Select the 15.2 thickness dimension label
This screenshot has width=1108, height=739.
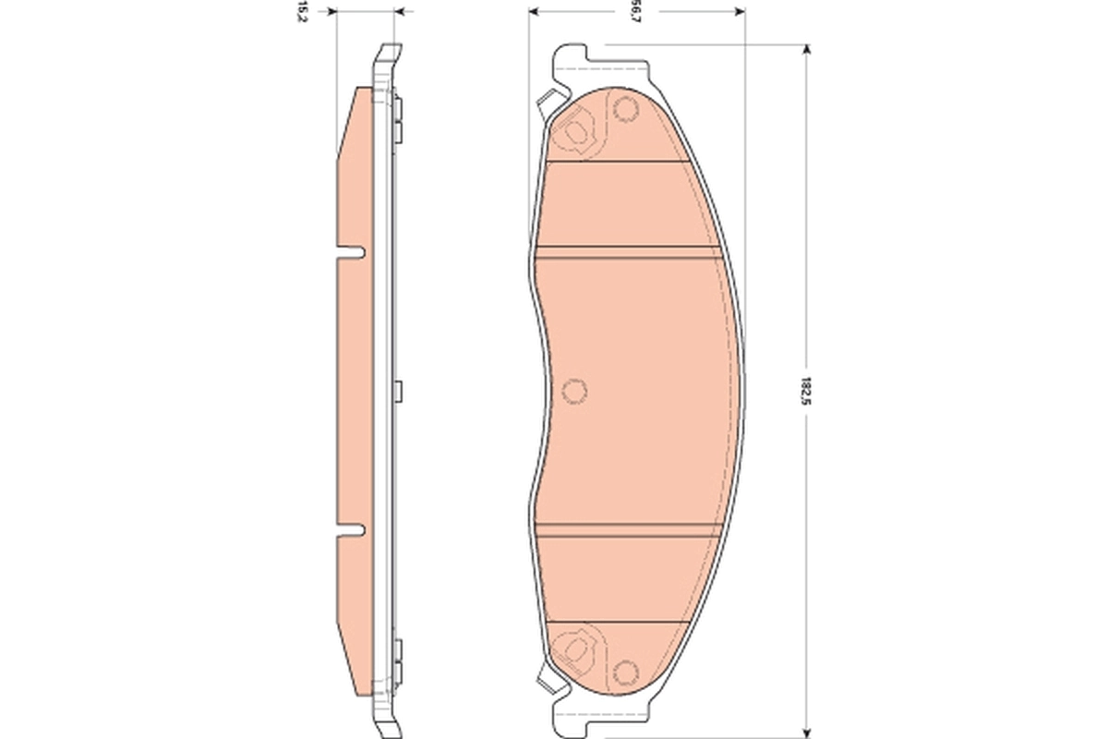point(301,12)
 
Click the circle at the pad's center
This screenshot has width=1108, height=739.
point(573,391)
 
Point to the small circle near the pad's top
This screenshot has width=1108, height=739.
point(626,110)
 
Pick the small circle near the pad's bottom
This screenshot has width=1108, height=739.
point(626,672)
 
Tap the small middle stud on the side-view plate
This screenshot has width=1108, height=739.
point(398,391)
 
